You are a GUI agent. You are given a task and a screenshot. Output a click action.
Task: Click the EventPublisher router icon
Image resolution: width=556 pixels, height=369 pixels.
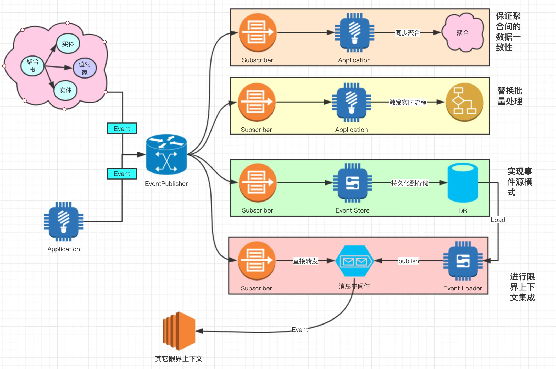166,154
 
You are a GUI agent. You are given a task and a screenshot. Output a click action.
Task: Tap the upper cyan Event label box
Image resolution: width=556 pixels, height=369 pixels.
122,128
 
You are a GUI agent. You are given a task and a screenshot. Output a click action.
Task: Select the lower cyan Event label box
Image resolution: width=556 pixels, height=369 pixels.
122,174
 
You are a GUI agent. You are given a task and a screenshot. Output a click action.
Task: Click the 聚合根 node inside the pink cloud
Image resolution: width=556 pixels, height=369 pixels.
32,66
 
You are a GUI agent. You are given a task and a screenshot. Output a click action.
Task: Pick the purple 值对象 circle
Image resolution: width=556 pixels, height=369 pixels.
85,68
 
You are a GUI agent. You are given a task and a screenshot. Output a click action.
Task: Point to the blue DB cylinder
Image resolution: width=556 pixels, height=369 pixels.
463,183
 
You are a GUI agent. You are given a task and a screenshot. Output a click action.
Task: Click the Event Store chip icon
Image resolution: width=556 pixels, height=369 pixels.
353,183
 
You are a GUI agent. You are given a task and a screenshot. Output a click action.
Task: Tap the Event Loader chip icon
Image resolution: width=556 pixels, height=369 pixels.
463,261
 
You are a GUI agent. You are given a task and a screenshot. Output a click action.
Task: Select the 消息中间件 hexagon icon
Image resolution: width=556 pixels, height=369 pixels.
354,261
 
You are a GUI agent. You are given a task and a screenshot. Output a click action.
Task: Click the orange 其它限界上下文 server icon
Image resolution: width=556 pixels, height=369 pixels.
179,331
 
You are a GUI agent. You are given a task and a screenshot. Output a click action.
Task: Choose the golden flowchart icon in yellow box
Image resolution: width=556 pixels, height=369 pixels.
465,102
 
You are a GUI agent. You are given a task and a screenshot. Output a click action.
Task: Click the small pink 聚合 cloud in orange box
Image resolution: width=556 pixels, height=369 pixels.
463,32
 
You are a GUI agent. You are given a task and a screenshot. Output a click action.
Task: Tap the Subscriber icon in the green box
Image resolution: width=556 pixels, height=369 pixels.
258,183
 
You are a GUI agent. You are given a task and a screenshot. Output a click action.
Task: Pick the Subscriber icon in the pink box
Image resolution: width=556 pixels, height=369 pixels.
257,261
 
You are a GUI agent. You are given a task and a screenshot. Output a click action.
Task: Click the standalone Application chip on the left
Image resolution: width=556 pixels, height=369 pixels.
64,222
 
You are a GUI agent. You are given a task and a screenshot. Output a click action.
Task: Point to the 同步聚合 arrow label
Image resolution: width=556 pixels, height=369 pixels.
408,33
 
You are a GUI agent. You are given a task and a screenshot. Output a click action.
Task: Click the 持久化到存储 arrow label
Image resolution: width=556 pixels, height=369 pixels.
410,183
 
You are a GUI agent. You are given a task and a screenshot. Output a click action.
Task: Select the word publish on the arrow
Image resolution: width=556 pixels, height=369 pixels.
409,261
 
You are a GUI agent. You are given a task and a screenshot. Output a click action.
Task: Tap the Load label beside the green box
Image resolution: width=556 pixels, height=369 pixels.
498,220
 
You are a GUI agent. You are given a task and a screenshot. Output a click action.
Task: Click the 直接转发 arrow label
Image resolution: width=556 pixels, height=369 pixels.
305,261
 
